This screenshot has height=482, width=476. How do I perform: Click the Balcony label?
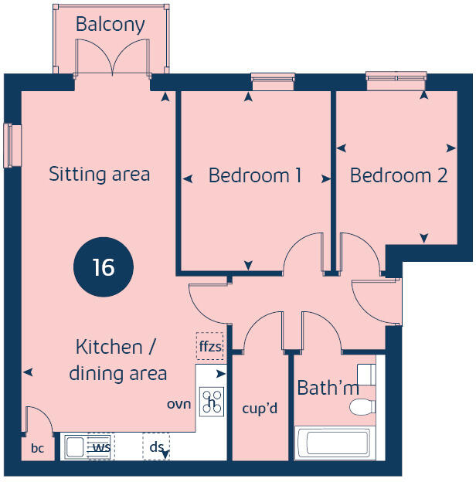(110, 25)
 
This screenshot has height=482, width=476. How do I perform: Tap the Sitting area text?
(100, 174)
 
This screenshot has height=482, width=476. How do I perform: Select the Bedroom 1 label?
(255, 175)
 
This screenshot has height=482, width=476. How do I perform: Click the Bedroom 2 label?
(399, 175)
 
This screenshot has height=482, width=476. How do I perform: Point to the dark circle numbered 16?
(104, 267)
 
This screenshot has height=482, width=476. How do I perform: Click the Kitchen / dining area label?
(118, 360)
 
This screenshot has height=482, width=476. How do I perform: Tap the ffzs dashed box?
(210, 347)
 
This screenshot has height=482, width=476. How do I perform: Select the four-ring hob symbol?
(212, 401)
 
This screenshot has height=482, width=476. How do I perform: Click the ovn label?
(178, 403)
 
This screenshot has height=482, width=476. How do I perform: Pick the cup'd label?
(260, 408)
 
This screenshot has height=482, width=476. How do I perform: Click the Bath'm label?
(328, 388)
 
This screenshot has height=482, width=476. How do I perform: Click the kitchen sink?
(76, 446)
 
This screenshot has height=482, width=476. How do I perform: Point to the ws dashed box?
(100, 447)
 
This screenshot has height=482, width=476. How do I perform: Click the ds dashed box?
(156, 447)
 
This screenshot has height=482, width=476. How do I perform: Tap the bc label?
(37, 448)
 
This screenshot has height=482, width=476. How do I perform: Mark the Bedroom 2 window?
(396, 76)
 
